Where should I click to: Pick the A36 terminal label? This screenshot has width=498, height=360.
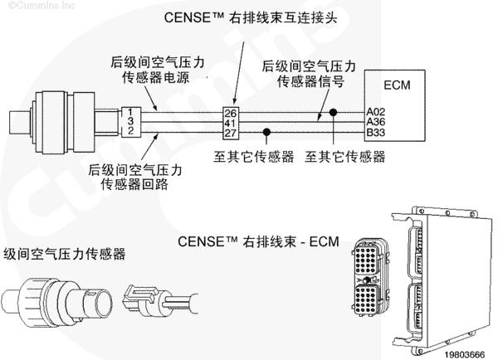[x=377, y=121]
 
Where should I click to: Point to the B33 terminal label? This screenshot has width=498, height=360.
[x=377, y=131]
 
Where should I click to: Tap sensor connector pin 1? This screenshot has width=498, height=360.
[x=129, y=112]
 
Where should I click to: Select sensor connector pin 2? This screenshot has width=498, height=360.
[x=129, y=130]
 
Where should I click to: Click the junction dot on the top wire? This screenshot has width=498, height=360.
[x=333, y=111]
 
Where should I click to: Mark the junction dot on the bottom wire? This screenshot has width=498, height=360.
[x=266, y=131]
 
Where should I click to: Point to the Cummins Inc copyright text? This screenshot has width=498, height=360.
[x=32, y=6]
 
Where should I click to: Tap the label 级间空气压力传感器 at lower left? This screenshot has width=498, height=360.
[x=64, y=254]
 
